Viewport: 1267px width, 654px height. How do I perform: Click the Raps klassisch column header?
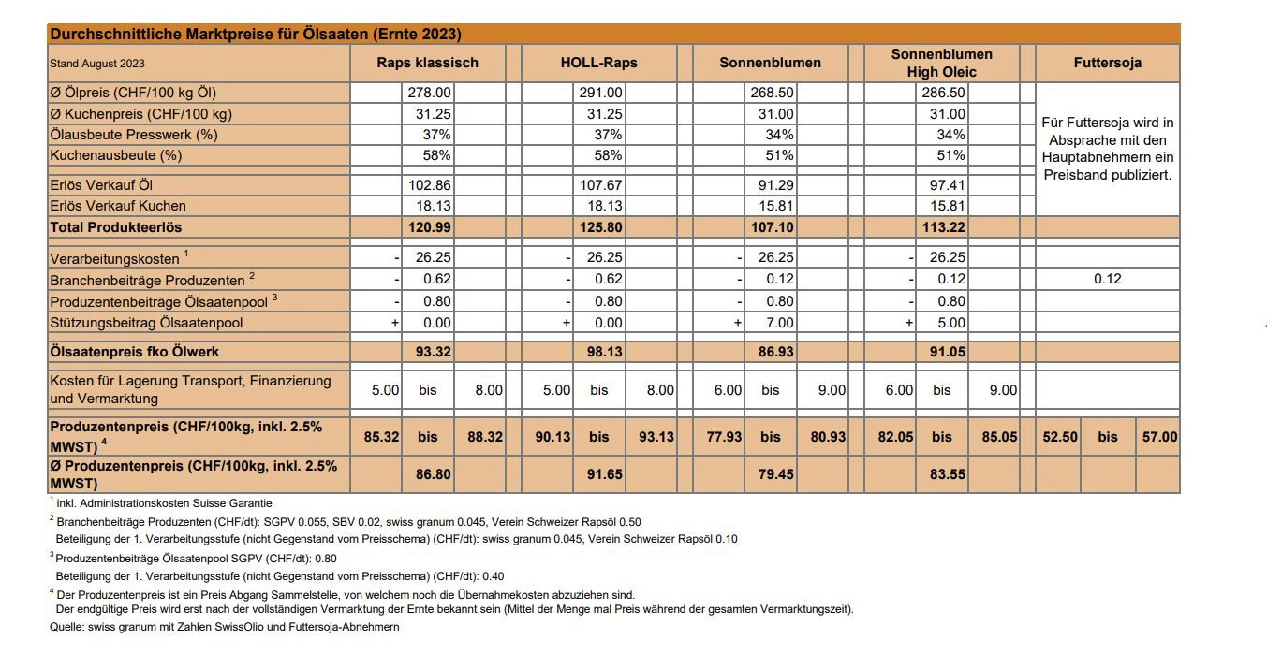point(427,63)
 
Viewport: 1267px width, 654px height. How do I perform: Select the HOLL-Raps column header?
point(598,63)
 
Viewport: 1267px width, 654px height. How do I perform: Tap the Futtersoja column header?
point(1107,63)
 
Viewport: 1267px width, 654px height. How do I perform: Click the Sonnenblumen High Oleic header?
point(941,63)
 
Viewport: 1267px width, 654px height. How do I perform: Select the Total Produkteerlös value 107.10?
point(773,227)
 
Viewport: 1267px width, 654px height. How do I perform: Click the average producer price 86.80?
point(433,474)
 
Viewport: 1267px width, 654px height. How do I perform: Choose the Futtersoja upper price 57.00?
point(1159,436)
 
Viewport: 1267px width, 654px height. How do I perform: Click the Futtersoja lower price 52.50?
point(1060,436)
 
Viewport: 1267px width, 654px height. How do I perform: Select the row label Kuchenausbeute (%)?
point(115,155)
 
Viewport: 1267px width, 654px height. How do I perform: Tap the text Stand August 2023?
point(97,64)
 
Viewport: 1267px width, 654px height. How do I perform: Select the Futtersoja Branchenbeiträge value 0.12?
point(1107,279)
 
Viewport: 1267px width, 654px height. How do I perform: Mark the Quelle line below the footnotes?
point(224,627)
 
